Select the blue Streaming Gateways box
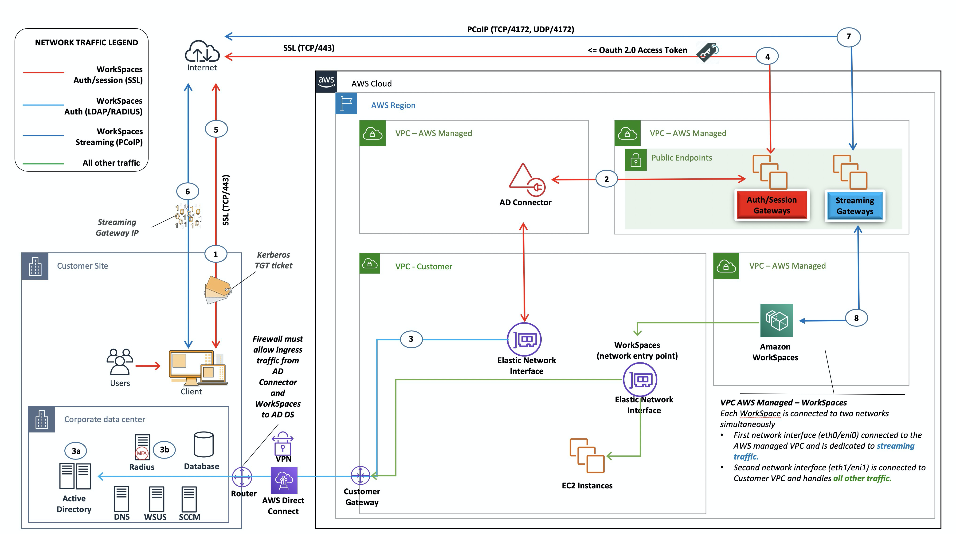click(x=855, y=206)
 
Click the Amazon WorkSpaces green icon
click(x=776, y=321)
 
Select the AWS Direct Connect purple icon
click(x=284, y=481)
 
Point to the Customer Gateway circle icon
click(x=360, y=475)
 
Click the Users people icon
click(x=119, y=362)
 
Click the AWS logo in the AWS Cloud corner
click(x=326, y=82)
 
